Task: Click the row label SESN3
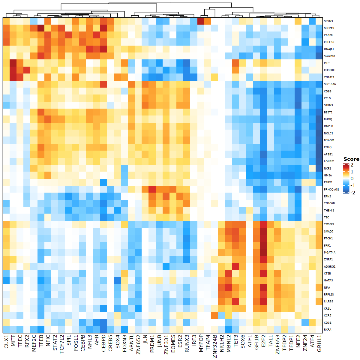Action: pos(328,21)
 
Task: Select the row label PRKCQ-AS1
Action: pos(331,190)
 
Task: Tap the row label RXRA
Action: pos(327,330)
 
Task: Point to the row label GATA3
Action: pos(328,280)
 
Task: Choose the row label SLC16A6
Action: pos(330,84)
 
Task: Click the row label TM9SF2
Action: pos(329,224)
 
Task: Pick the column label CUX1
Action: pos(7,342)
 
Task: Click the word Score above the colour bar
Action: pos(351,159)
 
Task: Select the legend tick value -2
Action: pos(352,193)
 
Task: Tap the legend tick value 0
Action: pos(352,179)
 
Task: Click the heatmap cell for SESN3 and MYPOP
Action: pos(200,21)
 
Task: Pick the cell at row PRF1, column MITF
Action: pos(13,63)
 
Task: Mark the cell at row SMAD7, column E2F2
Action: pos(263,231)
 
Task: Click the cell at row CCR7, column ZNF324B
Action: pos(214,316)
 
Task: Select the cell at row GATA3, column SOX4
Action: pos(117,280)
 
